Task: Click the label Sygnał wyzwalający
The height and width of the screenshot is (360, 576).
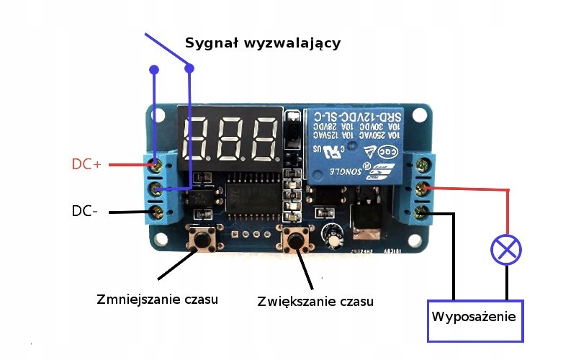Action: [x=263, y=43]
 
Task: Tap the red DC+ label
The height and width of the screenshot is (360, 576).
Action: [x=86, y=164]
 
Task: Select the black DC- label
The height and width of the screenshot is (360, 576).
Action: [x=84, y=211]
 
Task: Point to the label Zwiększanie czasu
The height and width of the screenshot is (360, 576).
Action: [x=315, y=300]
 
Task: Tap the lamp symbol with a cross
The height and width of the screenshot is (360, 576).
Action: [x=506, y=250]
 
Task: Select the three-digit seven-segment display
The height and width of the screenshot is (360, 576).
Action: [x=231, y=138]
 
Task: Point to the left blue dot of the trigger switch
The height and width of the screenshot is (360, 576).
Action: [x=154, y=70]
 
